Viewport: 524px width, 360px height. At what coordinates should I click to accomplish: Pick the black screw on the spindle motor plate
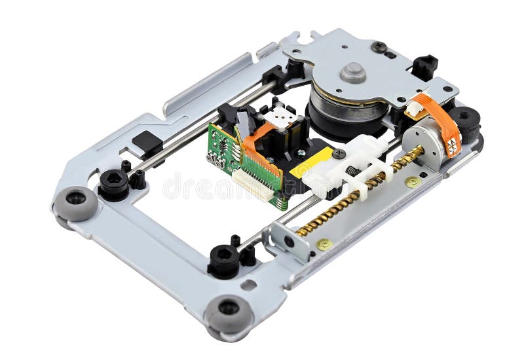[379, 47]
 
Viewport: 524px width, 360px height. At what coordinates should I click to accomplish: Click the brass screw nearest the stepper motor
[411, 181]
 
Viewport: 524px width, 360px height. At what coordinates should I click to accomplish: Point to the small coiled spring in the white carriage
[353, 171]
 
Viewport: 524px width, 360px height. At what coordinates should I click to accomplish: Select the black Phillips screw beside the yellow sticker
[339, 154]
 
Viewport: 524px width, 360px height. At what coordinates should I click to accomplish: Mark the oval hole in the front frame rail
[248, 285]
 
